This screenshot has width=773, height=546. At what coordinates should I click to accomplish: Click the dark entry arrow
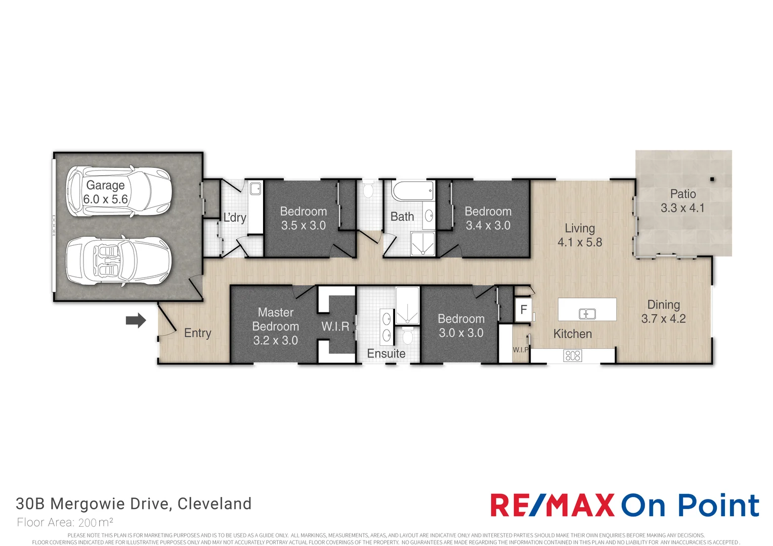pyautogui.click(x=136, y=321)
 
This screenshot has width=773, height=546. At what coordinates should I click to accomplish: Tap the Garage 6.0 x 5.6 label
pyautogui.click(x=106, y=192)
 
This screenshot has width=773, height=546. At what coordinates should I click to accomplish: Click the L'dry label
pyautogui.click(x=235, y=217)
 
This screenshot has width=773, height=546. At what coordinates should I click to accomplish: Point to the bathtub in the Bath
pyautogui.click(x=413, y=191)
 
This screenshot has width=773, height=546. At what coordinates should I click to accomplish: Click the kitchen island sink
pyautogui.click(x=587, y=314)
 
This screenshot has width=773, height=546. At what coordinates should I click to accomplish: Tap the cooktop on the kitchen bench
pyautogui.click(x=573, y=355)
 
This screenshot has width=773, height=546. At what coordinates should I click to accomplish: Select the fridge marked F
pyautogui.click(x=523, y=310)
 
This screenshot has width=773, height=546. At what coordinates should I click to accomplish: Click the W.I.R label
pyautogui.click(x=335, y=326)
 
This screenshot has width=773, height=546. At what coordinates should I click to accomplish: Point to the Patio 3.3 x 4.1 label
pyautogui.click(x=682, y=201)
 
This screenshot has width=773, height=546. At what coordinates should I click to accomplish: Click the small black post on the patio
pyautogui.click(x=712, y=179)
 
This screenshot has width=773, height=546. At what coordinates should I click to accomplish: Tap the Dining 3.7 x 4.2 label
pyautogui.click(x=663, y=311)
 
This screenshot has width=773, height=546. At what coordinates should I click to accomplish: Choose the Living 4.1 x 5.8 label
pyautogui.click(x=580, y=235)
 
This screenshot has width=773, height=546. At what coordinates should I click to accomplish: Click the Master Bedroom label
pyautogui.click(x=275, y=319)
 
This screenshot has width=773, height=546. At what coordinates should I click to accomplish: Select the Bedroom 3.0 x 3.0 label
pyautogui.click(x=461, y=326)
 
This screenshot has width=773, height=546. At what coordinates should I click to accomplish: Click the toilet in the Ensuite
pyautogui.click(x=408, y=336)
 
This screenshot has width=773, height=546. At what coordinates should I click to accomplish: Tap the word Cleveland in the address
pyautogui.click(x=214, y=504)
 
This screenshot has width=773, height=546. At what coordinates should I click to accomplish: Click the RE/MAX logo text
pyautogui.click(x=552, y=505)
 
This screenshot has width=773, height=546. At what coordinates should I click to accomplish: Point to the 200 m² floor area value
pyautogui.click(x=96, y=523)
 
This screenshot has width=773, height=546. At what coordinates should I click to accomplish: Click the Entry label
pyautogui.click(x=197, y=333)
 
